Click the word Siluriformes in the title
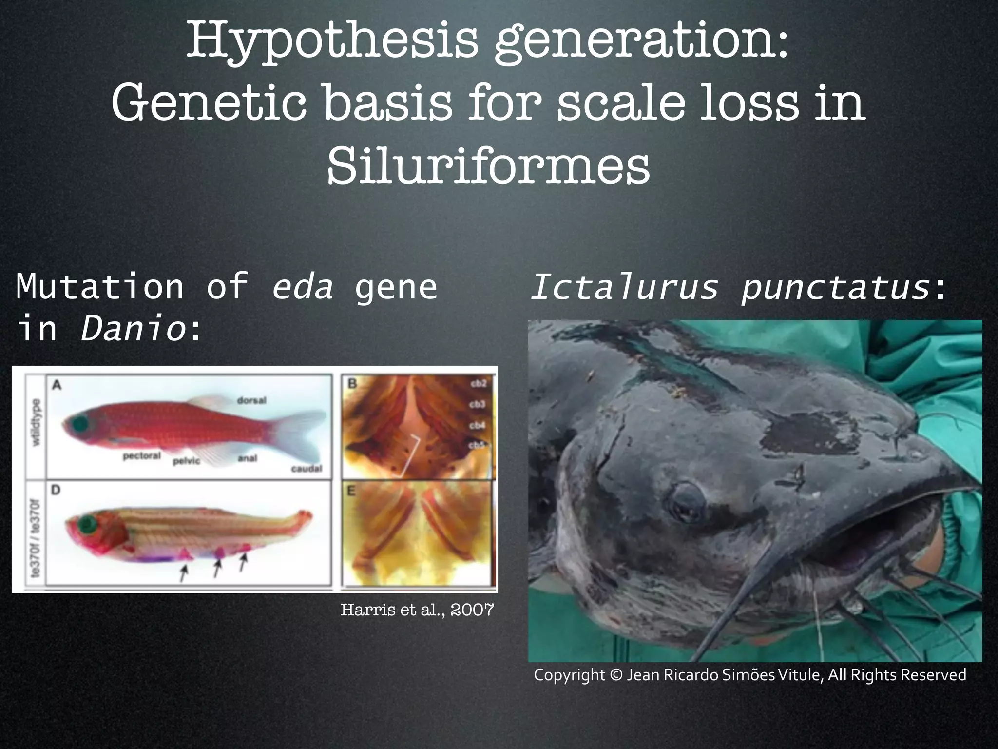(x=488, y=167)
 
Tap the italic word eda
(x=303, y=287)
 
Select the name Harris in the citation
(x=360, y=610)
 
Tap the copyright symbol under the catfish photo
(x=616, y=675)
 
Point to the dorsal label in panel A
(x=251, y=400)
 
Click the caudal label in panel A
(x=307, y=469)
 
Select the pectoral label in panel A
(x=141, y=456)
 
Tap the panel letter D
(x=56, y=490)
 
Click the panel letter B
(x=352, y=384)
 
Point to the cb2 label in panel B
(x=478, y=384)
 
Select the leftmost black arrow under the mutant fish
(x=184, y=573)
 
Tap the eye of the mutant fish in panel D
(x=88, y=525)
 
